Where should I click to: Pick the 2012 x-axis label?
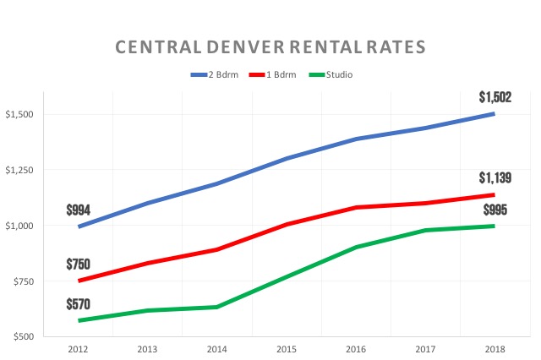point(79,347)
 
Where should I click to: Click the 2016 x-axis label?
point(357,347)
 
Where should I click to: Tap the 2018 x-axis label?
point(495,347)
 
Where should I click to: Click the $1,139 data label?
point(495,177)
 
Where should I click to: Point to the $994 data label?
point(79,209)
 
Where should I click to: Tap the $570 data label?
point(79,303)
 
